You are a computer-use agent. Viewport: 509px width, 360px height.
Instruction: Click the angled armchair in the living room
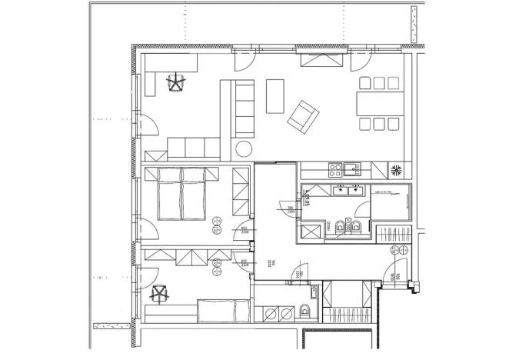[303, 115]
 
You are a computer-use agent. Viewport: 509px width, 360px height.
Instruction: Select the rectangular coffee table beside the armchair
[275, 96]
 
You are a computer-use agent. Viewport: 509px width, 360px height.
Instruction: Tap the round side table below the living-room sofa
[244, 149]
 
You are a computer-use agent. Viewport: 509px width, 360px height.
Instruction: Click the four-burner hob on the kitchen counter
[335, 168]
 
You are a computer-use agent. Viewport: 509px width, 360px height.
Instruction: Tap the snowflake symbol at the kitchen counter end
[398, 170]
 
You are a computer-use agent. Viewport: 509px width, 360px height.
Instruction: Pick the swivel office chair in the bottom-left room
[160, 293]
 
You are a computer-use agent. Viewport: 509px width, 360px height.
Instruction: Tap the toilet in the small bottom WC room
[305, 311]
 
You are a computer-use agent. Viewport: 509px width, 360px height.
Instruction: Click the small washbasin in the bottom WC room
[314, 292]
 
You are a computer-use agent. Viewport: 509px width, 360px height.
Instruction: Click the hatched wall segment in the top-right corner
[413, 25]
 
